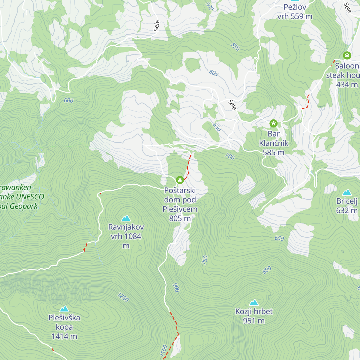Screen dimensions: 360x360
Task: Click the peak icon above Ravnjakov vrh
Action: (x=126, y=218)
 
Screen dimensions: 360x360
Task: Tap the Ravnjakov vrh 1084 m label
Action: (x=126, y=236)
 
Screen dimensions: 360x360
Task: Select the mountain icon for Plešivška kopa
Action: (x=64, y=309)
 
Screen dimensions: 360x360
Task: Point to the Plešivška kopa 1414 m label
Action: (x=64, y=327)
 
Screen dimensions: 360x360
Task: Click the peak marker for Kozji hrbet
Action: (x=254, y=302)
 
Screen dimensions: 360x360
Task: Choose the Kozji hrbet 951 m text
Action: (x=254, y=316)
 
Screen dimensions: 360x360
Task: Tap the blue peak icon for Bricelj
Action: (x=347, y=192)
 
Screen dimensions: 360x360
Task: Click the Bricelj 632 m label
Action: (x=347, y=206)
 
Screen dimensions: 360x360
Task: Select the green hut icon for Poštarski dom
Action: (x=180, y=180)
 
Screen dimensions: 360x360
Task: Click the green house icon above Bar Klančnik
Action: (x=273, y=123)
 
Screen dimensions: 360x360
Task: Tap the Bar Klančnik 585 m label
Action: (x=274, y=143)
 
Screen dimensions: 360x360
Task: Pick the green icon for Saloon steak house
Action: (x=347, y=55)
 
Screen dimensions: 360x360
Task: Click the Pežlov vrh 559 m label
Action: (x=295, y=12)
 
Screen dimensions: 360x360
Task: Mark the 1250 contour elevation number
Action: (x=123, y=297)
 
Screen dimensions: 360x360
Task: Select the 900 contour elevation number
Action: (x=176, y=288)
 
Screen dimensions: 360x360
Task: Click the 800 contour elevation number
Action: (x=267, y=270)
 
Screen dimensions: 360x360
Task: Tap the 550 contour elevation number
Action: (x=235, y=47)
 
